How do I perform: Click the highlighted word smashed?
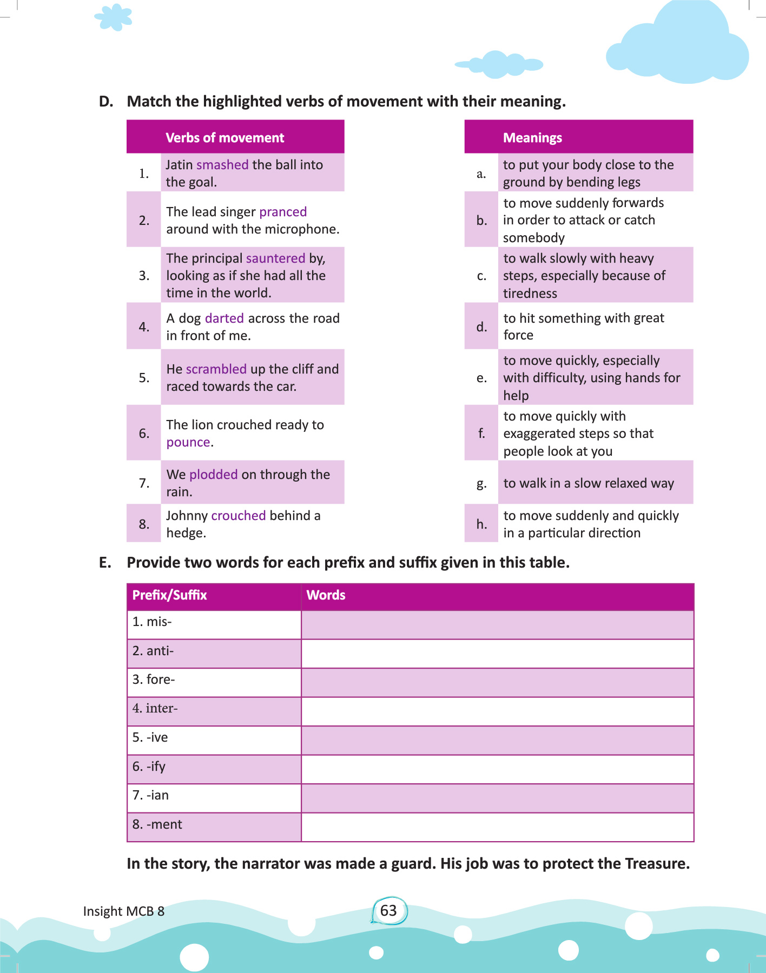point(222,165)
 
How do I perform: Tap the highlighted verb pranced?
point(283,212)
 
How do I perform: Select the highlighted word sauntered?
point(275,258)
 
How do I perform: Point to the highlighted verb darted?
point(224,318)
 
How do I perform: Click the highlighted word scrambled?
point(216,369)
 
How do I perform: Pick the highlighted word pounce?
point(188,442)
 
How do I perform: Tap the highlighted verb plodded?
point(213,475)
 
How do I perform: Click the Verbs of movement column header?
point(224,138)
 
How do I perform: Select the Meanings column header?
point(532,138)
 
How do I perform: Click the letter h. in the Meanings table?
point(481,524)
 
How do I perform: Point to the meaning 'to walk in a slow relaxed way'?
point(589,483)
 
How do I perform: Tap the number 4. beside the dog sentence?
point(144,326)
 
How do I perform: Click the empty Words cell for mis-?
point(497,625)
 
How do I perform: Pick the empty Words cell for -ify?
point(497,769)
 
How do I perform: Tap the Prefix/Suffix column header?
point(170,595)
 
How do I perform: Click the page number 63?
point(388,911)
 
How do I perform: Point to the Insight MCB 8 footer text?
point(124,911)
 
